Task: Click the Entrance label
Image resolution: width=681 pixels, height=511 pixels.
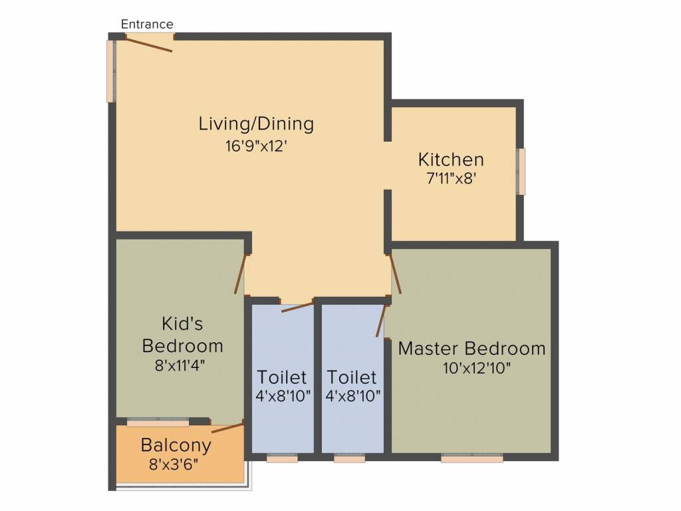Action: [147, 25]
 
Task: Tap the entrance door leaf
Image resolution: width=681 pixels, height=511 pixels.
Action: [148, 45]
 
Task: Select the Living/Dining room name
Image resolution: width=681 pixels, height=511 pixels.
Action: [256, 124]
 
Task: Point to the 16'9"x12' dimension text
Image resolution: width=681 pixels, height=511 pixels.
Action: [256, 146]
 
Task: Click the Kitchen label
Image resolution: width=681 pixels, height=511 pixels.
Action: [451, 160]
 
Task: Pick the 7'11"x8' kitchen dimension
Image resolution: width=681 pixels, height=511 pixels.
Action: [452, 178]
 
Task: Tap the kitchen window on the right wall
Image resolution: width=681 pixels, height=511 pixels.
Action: [521, 171]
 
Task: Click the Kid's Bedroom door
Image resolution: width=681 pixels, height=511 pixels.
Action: [240, 273]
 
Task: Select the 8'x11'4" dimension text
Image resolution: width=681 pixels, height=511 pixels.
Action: [180, 365]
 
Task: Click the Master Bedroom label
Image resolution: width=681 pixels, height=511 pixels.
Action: [472, 349]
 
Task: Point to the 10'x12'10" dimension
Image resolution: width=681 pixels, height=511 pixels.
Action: [476, 369]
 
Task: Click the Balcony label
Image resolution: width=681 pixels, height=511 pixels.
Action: [176, 445]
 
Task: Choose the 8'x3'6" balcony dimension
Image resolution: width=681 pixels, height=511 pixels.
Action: [174, 465]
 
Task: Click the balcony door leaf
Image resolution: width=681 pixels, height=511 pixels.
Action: [227, 428]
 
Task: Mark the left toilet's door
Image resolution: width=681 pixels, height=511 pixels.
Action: [297, 307]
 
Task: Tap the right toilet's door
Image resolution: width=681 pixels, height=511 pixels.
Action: [381, 321]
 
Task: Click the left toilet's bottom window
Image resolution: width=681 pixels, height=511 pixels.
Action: [282, 458]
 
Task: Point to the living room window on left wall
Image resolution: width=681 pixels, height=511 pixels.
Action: [111, 71]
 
